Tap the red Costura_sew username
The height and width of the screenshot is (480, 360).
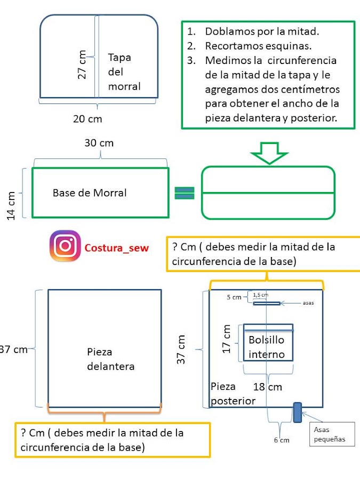(x=116, y=248)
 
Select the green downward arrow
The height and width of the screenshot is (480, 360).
(x=269, y=153)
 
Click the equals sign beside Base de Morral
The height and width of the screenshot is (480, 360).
(x=185, y=193)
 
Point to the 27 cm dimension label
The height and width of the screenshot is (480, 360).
(x=82, y=65)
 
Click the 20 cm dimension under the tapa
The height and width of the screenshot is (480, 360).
(x=87, y=119)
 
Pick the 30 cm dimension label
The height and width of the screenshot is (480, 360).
(x=99, y=143)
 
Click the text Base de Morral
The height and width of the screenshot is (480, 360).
(x=90, y=193)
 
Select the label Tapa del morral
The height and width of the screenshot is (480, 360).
(x=124, y=72)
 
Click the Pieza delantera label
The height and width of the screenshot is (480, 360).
(x=111, y=359)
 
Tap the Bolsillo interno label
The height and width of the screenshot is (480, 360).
(x=267, y=347)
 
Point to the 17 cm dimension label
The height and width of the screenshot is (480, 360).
(x=226, y=339)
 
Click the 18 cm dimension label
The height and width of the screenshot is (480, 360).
(x=267, y=387)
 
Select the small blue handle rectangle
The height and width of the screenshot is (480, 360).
(x=297, y=412)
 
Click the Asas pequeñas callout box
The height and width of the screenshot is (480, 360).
(x=332, y=434)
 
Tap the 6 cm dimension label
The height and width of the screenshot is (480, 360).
(x=281, y=440)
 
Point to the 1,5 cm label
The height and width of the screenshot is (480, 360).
(x=260, y=294)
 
